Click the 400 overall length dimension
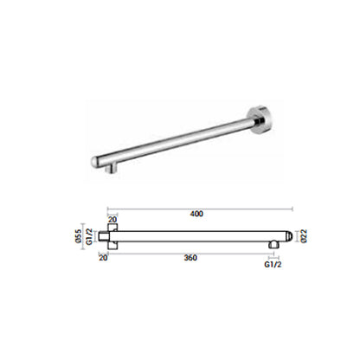(196, 214)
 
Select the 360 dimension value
(190, 258)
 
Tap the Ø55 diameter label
(78, 236)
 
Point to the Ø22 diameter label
(305, 236)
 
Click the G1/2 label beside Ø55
(89, 236)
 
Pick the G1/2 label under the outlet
(273, 264)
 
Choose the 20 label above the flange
(112, 220)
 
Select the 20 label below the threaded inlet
(103, 257)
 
